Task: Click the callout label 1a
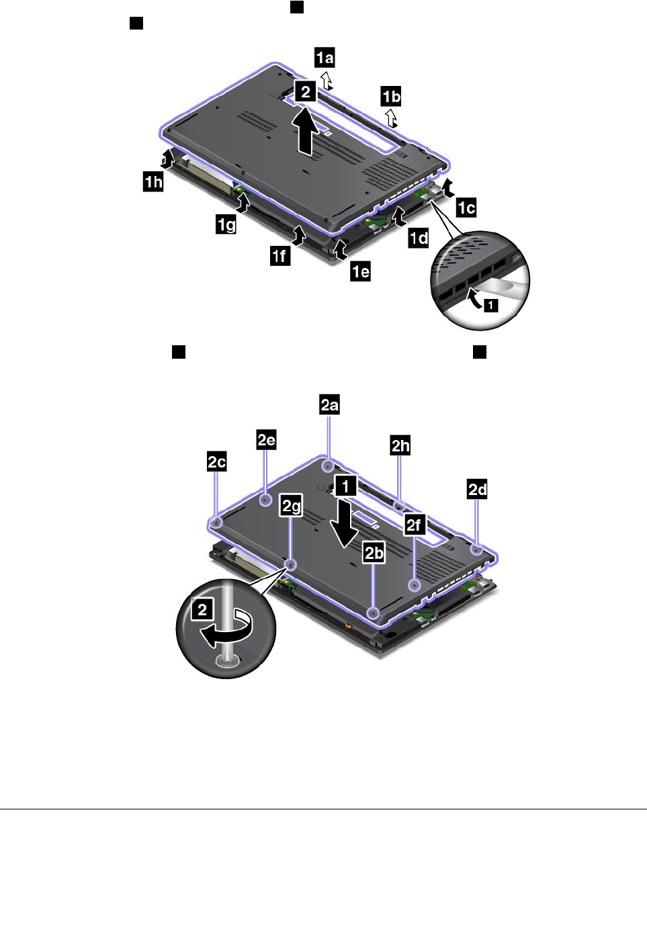coord(325,58)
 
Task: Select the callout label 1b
coord(391,97)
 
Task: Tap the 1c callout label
coord(466,208)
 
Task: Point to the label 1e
coord(360,271)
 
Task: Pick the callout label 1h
coord(153,181)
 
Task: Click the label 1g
coord(226,224)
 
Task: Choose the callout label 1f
coord(280,255)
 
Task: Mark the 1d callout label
coord(419,238)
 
